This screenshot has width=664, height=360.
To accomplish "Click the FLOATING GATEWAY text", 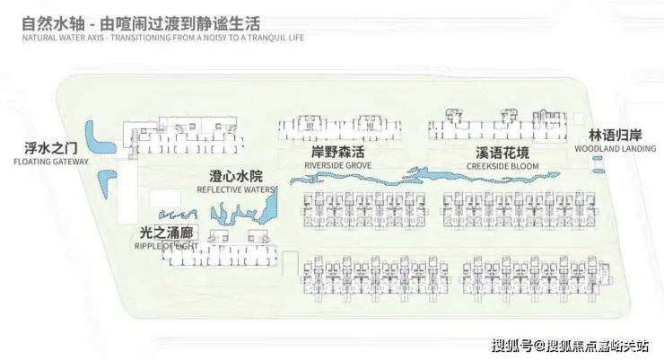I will click(x=51, y=162).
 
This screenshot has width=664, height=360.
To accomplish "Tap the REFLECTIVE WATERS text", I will click(x=236, y=189).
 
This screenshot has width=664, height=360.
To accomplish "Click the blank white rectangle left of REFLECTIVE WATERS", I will click(x=162, y=198).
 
